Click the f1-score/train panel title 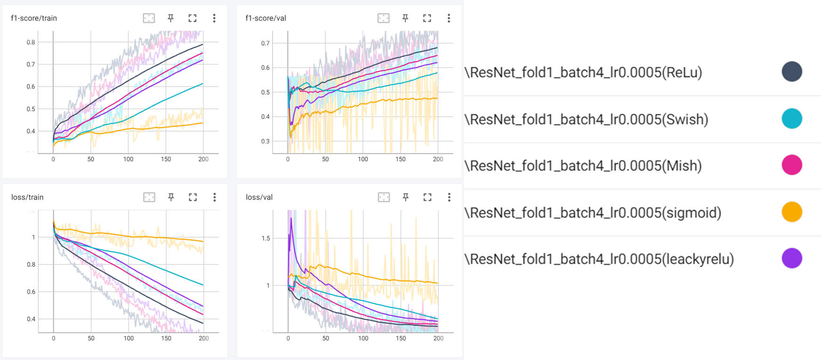(x=34, y=18)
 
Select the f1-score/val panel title (x=266, y=18)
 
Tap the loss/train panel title (x=27, y=197)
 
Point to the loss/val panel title (x=259, y=197)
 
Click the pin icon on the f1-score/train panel (x=171, y=18)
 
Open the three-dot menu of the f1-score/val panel (x=449, y=18)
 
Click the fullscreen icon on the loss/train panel (x=193, y=197)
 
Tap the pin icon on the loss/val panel (x=405, y=197)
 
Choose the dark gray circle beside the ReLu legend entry (x=792, y=72)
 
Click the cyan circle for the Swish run (x=792, y=119)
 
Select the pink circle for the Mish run (x=792, y=165)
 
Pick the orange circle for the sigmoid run (x=792, y=212)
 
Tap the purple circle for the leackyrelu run (x=792, y=258)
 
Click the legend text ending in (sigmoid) (x=593, y=213)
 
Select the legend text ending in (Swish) (x=587, y=119)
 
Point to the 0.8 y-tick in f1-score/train (x=31, y=42)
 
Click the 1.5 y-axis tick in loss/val (x=266, y=239)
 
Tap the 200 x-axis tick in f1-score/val (x=438, y=159)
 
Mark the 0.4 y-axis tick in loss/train (x=31, y=319)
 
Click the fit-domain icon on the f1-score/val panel (x=384, y=18)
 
